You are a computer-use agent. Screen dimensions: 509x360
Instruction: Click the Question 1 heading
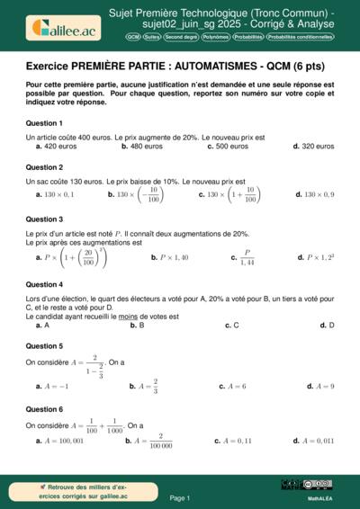click(x=44, y=122)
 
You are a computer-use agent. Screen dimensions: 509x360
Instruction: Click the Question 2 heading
click(x=44, y=167)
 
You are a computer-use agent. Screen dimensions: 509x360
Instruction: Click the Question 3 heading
click(x=44, y=219)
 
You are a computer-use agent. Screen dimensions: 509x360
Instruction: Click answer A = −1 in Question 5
click(x=55, y=386)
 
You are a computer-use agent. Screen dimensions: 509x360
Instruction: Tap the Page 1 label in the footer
click(x=179, y=497)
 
